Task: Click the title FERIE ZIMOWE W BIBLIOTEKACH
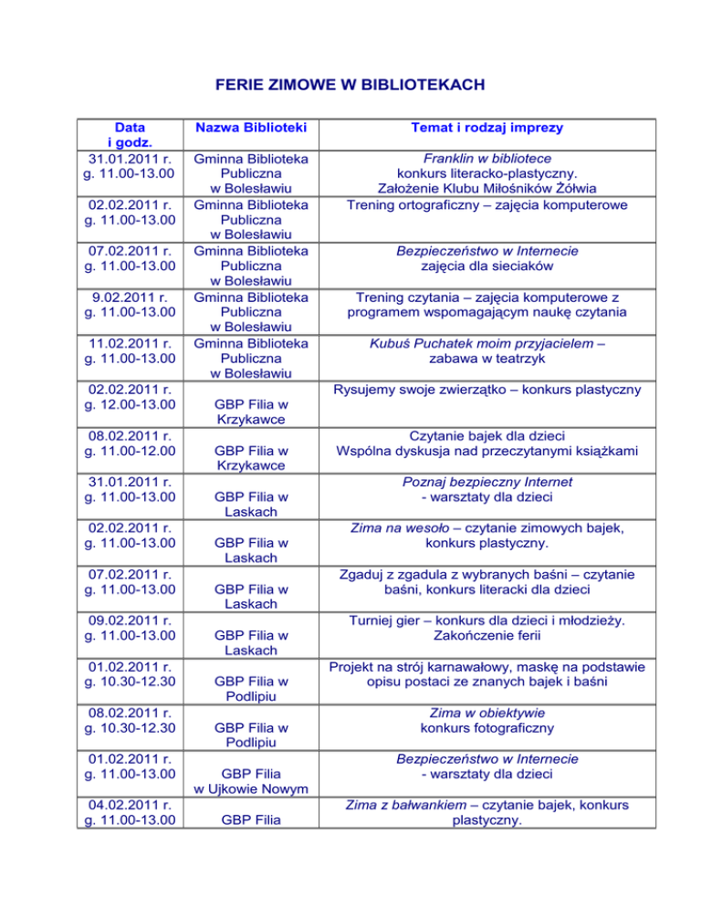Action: pyautogui.click(x=350, y=86)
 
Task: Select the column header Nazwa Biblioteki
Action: pyautogui.click(x=250, y=127)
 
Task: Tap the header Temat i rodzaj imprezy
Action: pyautogui.click(x=487, y=127)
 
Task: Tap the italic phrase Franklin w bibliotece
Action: pyautogui.click(x=487, y=158)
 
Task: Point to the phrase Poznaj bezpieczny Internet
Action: pyautogui.click(x=487, y=482)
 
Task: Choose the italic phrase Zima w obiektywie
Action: pyautogui.click(x=487, y=712)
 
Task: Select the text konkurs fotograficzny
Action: pyautogui.click(x=487, y=728)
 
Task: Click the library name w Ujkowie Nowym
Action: pyautogui.click(x=250, y=788)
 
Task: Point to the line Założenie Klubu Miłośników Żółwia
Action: pyautogui.click(x=487, y=189)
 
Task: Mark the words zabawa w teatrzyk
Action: pyautogui.click(x=487, y=360)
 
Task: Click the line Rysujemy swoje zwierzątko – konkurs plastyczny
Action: pyautogui.click(x=487, y=391)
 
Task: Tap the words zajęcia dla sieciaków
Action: pyautogui.click(x=487, y=266)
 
